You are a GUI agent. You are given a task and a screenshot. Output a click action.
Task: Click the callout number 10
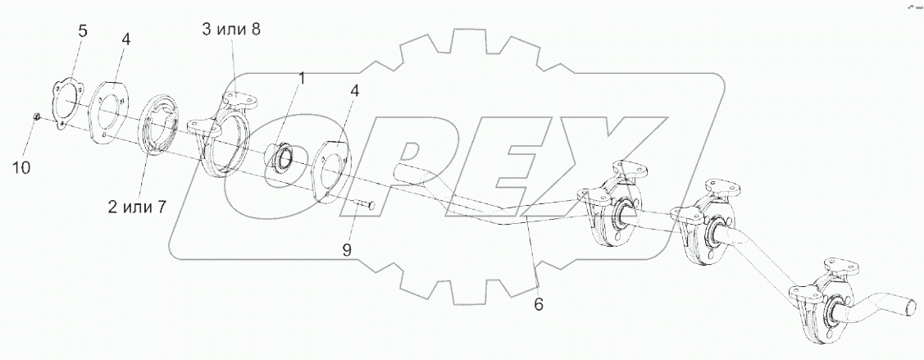(20, 168)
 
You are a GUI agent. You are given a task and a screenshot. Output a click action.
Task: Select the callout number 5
(83, 30)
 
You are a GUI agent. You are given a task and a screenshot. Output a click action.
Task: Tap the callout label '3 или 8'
(231, 29)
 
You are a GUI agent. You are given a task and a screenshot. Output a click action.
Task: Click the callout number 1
(301, 79)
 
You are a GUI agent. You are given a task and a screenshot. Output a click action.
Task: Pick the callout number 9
(347, 250)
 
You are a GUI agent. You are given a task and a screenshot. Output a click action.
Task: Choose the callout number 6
(539, 304)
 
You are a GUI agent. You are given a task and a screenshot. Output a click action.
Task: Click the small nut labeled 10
(35, 116)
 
